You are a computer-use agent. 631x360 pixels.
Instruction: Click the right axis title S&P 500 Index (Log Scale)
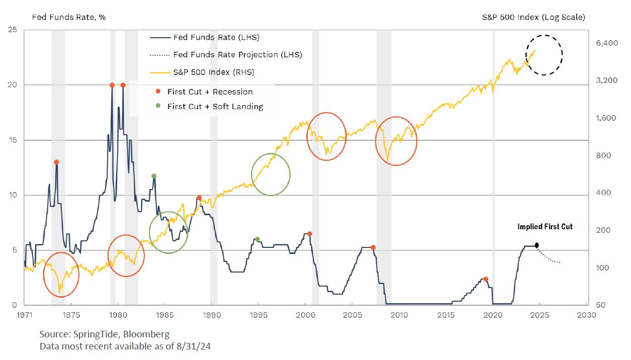point(533,17)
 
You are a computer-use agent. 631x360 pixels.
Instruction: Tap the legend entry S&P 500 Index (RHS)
point(214,72)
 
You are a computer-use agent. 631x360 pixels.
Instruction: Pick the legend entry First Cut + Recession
point(210,92)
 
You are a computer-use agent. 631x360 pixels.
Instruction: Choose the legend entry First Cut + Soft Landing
point(215,106)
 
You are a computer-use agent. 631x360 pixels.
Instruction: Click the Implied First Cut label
point(545,227)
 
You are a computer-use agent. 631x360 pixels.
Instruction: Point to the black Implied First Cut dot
point(536,245)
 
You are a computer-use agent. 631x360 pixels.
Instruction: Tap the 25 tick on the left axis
point(14,30)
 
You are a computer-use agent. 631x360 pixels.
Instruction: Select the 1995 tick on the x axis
point(258,315)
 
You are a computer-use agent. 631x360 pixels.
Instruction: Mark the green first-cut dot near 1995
point(257,239)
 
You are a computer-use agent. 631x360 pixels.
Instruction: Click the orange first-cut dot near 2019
point(486,279)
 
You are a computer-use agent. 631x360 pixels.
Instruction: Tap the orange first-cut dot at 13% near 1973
point(56,162)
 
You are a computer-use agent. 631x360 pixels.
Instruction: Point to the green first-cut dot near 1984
point(154,176)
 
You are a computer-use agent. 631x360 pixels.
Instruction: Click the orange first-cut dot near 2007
point(373,247)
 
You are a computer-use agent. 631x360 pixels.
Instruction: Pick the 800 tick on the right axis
point(602,155)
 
